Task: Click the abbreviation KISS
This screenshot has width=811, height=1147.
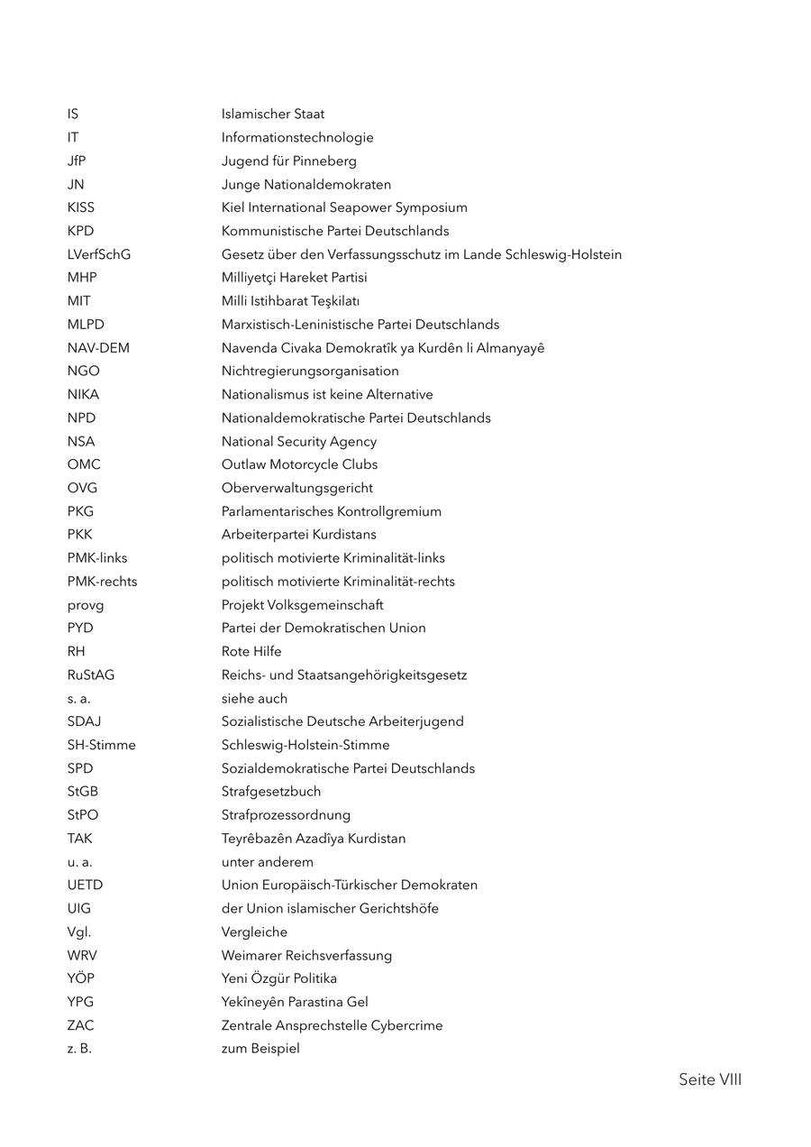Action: pos(80,207)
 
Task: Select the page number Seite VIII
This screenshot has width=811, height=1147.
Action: pos(710,1079)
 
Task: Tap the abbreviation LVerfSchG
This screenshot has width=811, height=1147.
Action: pos(98,254)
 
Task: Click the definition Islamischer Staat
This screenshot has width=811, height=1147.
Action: pos(273,115)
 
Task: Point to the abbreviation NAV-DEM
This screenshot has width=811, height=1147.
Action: pos(98,348)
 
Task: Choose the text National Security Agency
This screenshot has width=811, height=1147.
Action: pos(299,442)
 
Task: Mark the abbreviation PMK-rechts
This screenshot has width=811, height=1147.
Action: pos(102,582)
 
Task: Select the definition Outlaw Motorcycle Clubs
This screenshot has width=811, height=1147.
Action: pos(299,464)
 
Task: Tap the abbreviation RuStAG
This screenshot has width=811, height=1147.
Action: pos(91,675)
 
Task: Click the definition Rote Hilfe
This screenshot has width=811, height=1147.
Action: pos(251,652)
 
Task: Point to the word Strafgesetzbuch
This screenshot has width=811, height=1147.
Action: pos(271,792)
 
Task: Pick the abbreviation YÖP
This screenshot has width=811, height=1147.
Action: pos(80,978)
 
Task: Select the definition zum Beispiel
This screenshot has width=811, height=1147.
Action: pos(260,1049)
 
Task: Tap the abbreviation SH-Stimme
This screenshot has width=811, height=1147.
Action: pos(101,745)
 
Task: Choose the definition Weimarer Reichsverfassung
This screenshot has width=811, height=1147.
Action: pos(306,955)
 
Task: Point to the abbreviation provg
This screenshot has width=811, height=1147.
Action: pos(86,605)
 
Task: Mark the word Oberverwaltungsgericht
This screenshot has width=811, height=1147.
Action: pos(297,488)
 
